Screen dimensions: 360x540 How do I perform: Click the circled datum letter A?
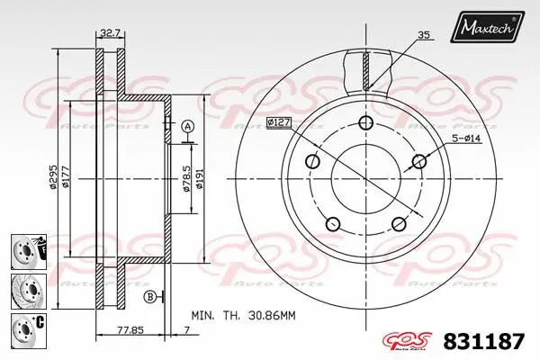click(187, 126)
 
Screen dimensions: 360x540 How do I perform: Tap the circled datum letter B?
click(149, 296)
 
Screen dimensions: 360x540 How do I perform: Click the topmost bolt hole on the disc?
click(364, 124)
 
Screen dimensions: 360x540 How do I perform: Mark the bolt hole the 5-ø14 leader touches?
click(418, 162)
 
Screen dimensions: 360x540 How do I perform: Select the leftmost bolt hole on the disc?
click(312, 162)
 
